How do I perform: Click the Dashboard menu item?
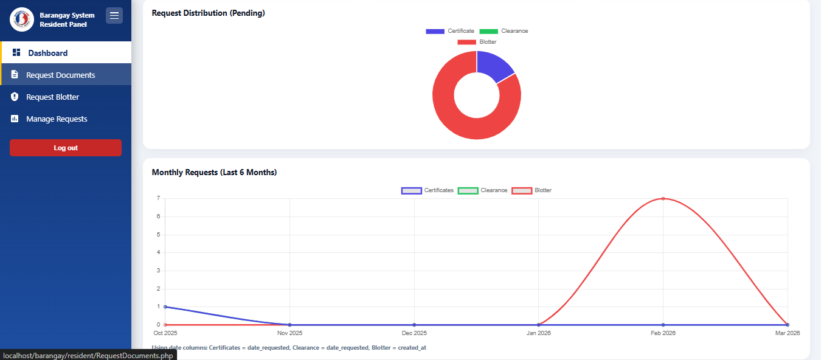click(x=47, y=53)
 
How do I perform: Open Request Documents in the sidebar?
click(x=60, y=75)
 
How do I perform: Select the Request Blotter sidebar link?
click(x=52, y=97)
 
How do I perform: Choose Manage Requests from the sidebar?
click(x=57, y=119)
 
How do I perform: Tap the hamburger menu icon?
click(x=114, y=16)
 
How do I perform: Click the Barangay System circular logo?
click(x=22, y=19)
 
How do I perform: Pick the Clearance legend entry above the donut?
click(x=503, y=31)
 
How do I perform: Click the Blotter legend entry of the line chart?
click(x=532, y=190)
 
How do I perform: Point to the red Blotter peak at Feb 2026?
click(x=663, y=198)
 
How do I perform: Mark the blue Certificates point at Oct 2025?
click(x=165, y=306)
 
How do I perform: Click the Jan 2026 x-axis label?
click(x=539, y=333)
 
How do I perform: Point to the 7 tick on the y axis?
click(x=158, y=198)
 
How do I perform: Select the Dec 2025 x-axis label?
click(x=414, y=333)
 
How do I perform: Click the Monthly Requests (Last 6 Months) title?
click(x=214, y=173)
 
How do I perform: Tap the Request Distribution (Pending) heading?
click(x=208, y=13)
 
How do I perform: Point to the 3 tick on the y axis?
click(x=158, y=271)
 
